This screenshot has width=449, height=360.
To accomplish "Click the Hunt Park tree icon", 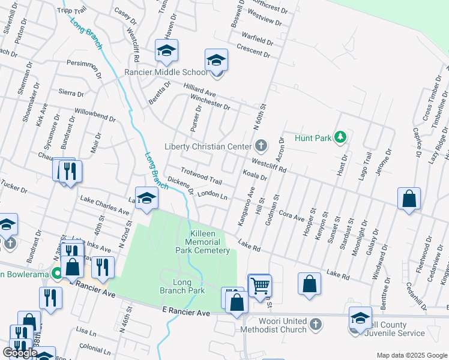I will click(340, 138).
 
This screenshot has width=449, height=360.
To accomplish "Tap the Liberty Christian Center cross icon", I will click(261, 145).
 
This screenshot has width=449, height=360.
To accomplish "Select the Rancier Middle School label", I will click(166, 73).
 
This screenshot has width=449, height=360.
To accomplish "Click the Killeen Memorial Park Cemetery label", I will click(202, 241).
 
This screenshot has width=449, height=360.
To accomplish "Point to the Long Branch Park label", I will click(182, 286).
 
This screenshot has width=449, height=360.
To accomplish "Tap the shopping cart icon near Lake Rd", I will click(259, 286).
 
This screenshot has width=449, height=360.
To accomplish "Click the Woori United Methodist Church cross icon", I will click(316, 325).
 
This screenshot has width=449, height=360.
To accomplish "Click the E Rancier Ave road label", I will click(187, 313).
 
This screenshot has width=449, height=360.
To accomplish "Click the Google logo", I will click(20, 353).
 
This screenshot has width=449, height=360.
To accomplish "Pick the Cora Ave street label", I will click(292, 216).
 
